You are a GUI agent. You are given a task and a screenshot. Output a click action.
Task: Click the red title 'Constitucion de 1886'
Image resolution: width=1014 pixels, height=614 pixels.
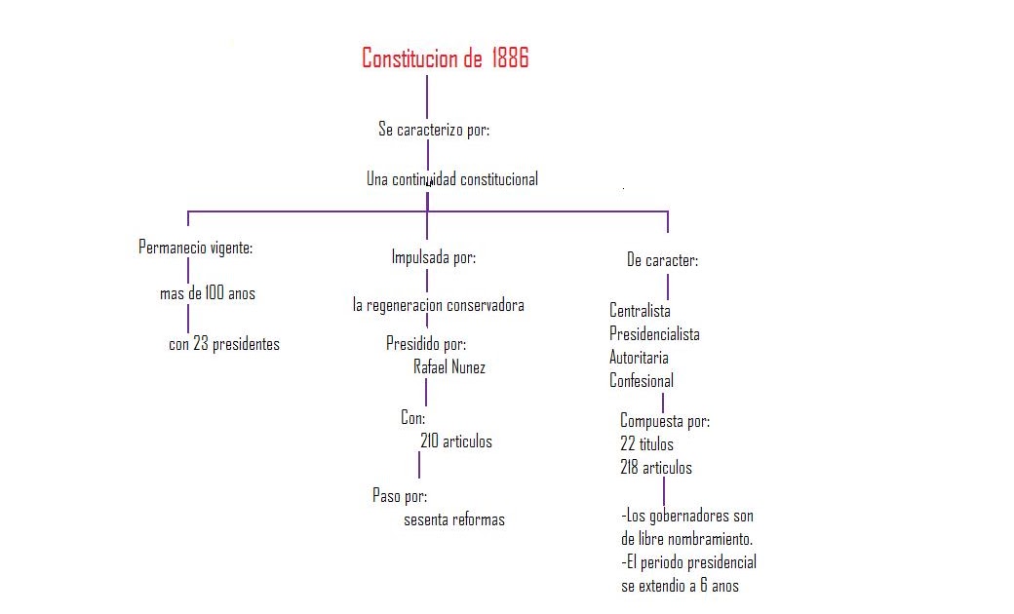[445, 58]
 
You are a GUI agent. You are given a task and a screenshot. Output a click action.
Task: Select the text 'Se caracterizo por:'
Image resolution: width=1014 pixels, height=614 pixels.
[434, 130]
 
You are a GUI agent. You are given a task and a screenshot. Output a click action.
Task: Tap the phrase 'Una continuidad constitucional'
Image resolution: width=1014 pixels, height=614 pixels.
[452, 179]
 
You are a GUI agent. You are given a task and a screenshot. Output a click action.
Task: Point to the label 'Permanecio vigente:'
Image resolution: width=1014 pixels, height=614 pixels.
[195, 248]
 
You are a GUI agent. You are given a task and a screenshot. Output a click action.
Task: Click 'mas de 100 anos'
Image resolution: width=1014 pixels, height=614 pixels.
[208, 293]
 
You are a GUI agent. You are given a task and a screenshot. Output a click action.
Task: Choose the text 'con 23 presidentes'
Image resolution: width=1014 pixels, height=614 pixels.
[224, 344]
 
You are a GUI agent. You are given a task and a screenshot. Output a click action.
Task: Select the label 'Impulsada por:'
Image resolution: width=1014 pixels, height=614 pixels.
[434, 257]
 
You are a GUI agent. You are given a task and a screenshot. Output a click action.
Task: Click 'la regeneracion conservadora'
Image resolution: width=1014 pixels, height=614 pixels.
[439, 305]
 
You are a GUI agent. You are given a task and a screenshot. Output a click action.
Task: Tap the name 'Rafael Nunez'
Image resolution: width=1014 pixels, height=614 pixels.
[449, 367]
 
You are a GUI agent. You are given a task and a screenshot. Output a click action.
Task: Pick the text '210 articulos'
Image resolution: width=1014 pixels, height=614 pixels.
[456, 441]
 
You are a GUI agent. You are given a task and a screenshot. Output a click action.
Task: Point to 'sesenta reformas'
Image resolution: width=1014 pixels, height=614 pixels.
[454, 519]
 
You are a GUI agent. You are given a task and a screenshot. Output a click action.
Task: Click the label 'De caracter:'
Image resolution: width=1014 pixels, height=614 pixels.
[663, 260]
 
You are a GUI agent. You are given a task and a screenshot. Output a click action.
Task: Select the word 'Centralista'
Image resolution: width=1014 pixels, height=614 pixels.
[640, 311]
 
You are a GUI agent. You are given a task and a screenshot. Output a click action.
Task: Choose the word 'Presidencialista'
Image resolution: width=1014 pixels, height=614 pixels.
[654, 334]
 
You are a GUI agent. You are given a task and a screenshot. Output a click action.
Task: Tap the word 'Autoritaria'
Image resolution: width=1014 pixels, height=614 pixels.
[639, 358]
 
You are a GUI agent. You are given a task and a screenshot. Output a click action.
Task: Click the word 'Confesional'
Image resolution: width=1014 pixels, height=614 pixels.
[642, 381]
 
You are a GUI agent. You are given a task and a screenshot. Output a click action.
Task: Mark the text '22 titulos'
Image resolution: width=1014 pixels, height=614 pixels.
[646, 444]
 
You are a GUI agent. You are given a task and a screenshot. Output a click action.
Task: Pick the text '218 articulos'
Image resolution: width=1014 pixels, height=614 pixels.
[656, 467]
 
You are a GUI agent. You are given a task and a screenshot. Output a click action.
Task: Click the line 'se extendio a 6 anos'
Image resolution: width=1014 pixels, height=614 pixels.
[680, 586]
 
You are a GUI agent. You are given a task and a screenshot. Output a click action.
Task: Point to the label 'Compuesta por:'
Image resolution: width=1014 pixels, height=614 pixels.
[665, 421]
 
